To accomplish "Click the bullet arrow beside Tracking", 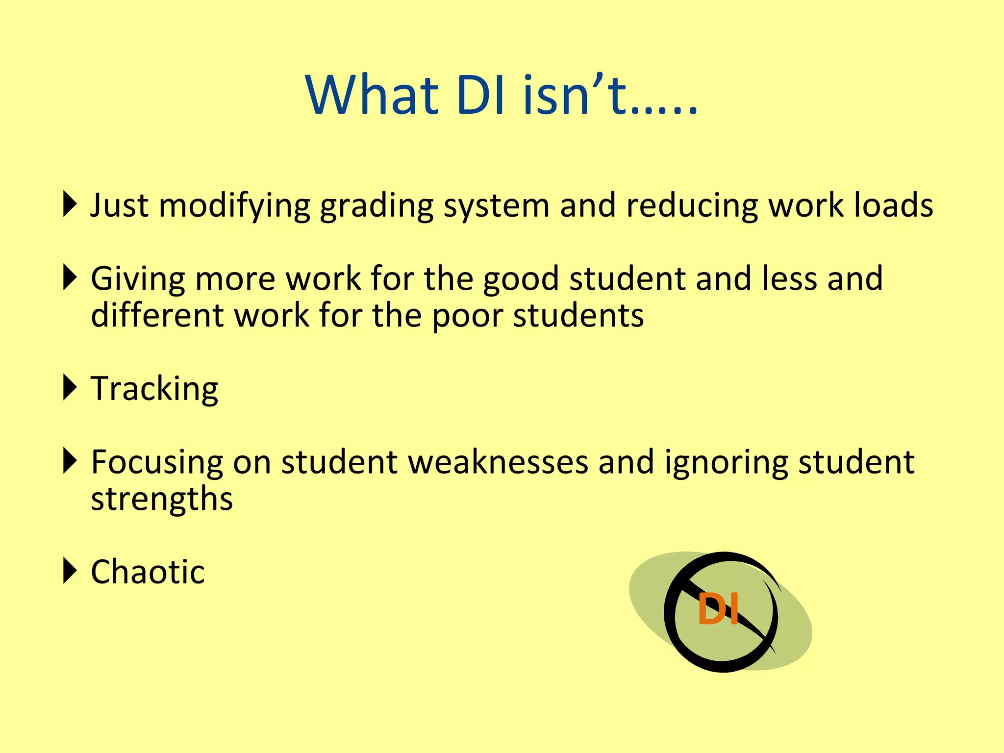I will (x=70, y=387).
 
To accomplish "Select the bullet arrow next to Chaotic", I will (x=70, y=571).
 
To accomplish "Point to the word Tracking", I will (x=154, y=389).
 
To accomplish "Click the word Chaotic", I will (x=148, y=572).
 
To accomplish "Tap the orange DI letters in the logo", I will (x=718, y=608).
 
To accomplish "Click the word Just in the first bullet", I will (x=119, y=205).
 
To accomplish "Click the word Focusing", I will (x=157, y=463).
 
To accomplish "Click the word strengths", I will (x=162, y=500).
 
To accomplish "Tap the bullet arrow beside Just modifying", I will (x=70, y=204).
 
